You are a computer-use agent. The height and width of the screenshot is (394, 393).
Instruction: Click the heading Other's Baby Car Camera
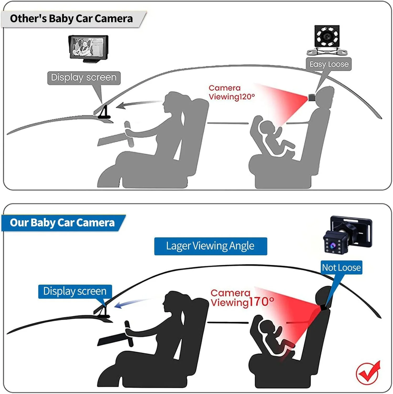click(x=71, y=19)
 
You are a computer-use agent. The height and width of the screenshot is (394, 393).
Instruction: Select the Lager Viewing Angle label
click(x=210, y=246)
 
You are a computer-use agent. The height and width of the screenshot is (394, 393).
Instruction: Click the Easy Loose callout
click(x=329, y=64)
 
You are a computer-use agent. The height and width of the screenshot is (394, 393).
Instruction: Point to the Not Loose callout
click(x=341, y=267)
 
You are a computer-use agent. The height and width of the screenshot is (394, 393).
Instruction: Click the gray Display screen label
click(x=84, y=78)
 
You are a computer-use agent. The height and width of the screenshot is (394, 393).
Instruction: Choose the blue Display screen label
click(x=75, y=291)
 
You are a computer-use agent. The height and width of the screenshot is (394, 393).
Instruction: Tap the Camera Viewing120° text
click(x=231, y=92)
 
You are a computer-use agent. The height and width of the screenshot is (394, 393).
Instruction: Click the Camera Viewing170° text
click(x=242, y=298)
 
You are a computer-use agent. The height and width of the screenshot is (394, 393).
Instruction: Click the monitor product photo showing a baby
click(x=88, y=49)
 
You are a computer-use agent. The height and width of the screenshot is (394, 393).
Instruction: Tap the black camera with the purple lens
click(x=347, y=234)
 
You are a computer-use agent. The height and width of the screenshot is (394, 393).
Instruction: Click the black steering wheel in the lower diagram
click(x=129, y=333)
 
